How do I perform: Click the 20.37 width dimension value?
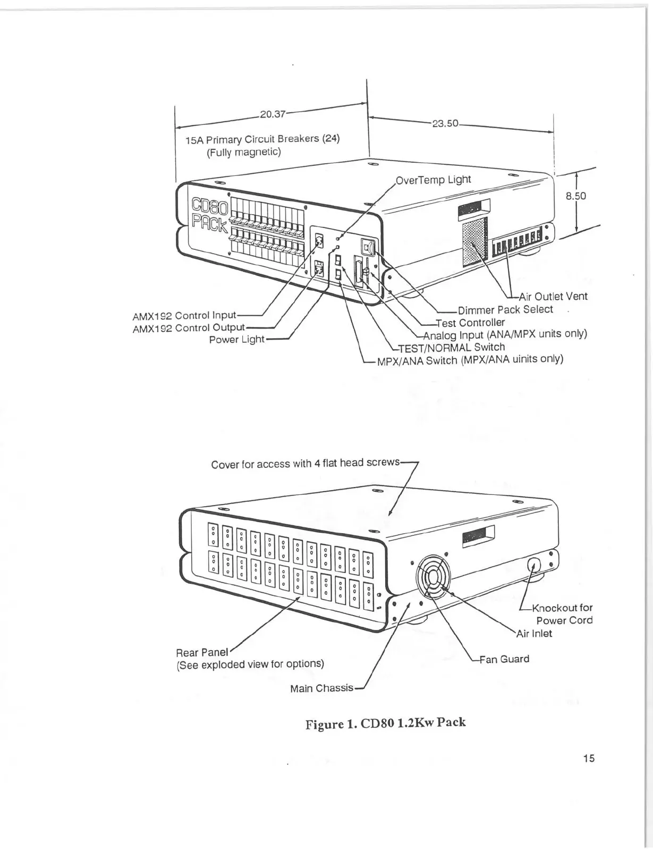pos(272,114)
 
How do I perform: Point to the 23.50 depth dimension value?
pos(445,123)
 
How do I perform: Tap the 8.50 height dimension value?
pos(575,196)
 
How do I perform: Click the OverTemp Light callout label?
pos(434,180)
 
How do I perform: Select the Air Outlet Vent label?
pos(553,297)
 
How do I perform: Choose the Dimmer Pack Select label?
pos(505,309)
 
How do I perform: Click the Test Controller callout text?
pos(470,323)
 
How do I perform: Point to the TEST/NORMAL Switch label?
pos(451,348)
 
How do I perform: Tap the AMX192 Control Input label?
pos(184,316)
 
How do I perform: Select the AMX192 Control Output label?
pos(188,328)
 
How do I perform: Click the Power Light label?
pos(236,339)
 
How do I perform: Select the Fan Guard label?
pos(504,659)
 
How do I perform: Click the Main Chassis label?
pos(321,688)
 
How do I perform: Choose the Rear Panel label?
pos(201,652)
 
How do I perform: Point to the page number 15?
pos(588,759)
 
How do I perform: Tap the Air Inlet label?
pos(535,634)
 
